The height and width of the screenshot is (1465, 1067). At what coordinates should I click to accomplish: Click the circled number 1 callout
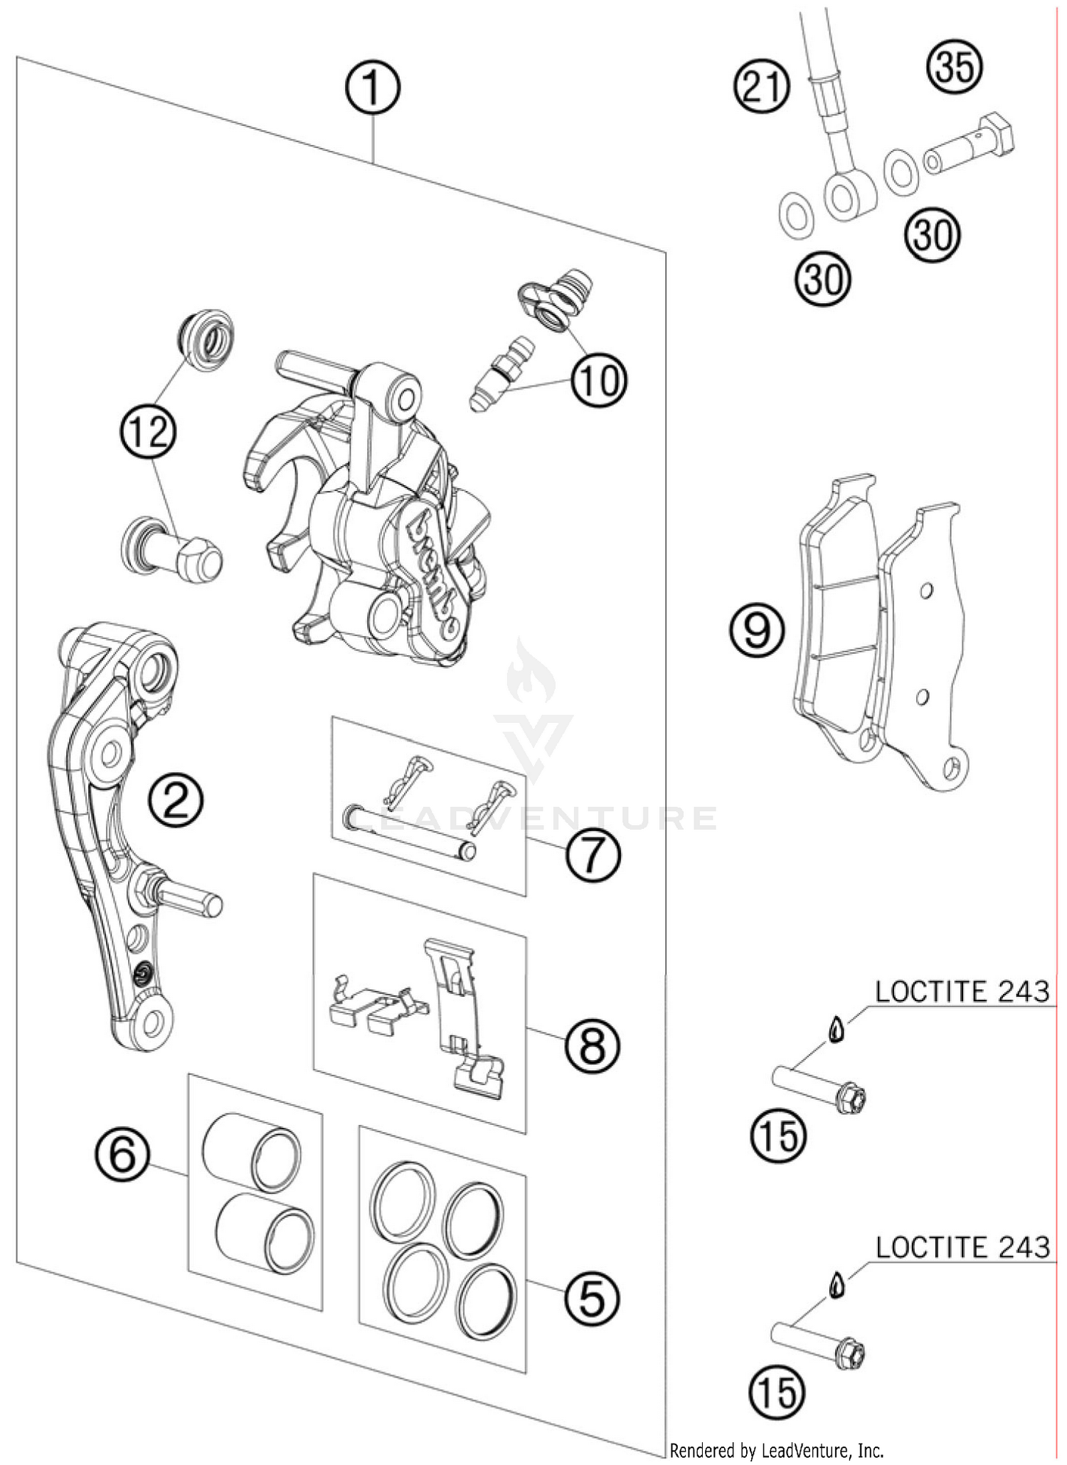pos(373,88)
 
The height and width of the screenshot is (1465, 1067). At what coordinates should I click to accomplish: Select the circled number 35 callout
pos(955,67)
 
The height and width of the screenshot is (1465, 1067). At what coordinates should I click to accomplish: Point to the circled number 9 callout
pos(757,630)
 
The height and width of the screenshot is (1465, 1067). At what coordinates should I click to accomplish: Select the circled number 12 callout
pos(149,432)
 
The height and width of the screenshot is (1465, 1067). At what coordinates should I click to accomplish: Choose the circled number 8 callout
pos(593,1046)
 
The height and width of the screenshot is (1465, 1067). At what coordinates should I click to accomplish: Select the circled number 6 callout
pos(123,1154)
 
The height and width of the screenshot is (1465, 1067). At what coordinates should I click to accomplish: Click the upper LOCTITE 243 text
pos(962,991)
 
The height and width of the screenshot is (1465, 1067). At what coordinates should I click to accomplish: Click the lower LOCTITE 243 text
pos(962,1247)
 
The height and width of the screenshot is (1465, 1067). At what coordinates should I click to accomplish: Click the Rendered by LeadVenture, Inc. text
pos(777,1450)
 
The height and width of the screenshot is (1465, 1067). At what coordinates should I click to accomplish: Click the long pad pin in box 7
pos(409,830)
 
